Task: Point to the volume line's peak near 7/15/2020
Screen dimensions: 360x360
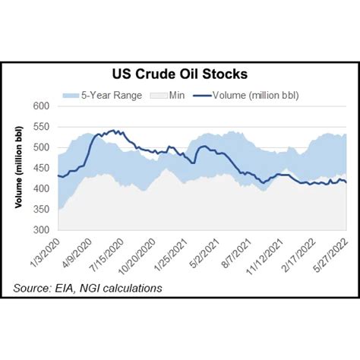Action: [113, 131]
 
